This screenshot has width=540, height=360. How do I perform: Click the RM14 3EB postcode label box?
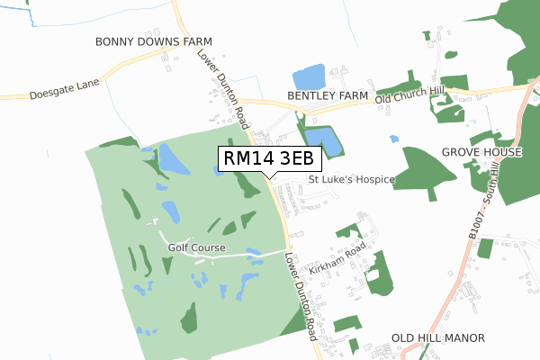click(x=269, y=158)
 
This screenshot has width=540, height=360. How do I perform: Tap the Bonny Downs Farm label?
click(x=154, y=42)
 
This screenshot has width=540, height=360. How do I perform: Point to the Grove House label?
click(x=482, y=152)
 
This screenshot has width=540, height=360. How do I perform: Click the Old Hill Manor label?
click(x=438, y=337)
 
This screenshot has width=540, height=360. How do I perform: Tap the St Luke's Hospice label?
click(x=352, y=179)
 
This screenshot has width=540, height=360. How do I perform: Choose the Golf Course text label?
click(x=196, y=247)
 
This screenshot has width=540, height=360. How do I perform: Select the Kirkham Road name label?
click(x=336, y=258)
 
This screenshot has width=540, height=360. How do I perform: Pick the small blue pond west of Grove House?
click(x=393, y=139)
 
